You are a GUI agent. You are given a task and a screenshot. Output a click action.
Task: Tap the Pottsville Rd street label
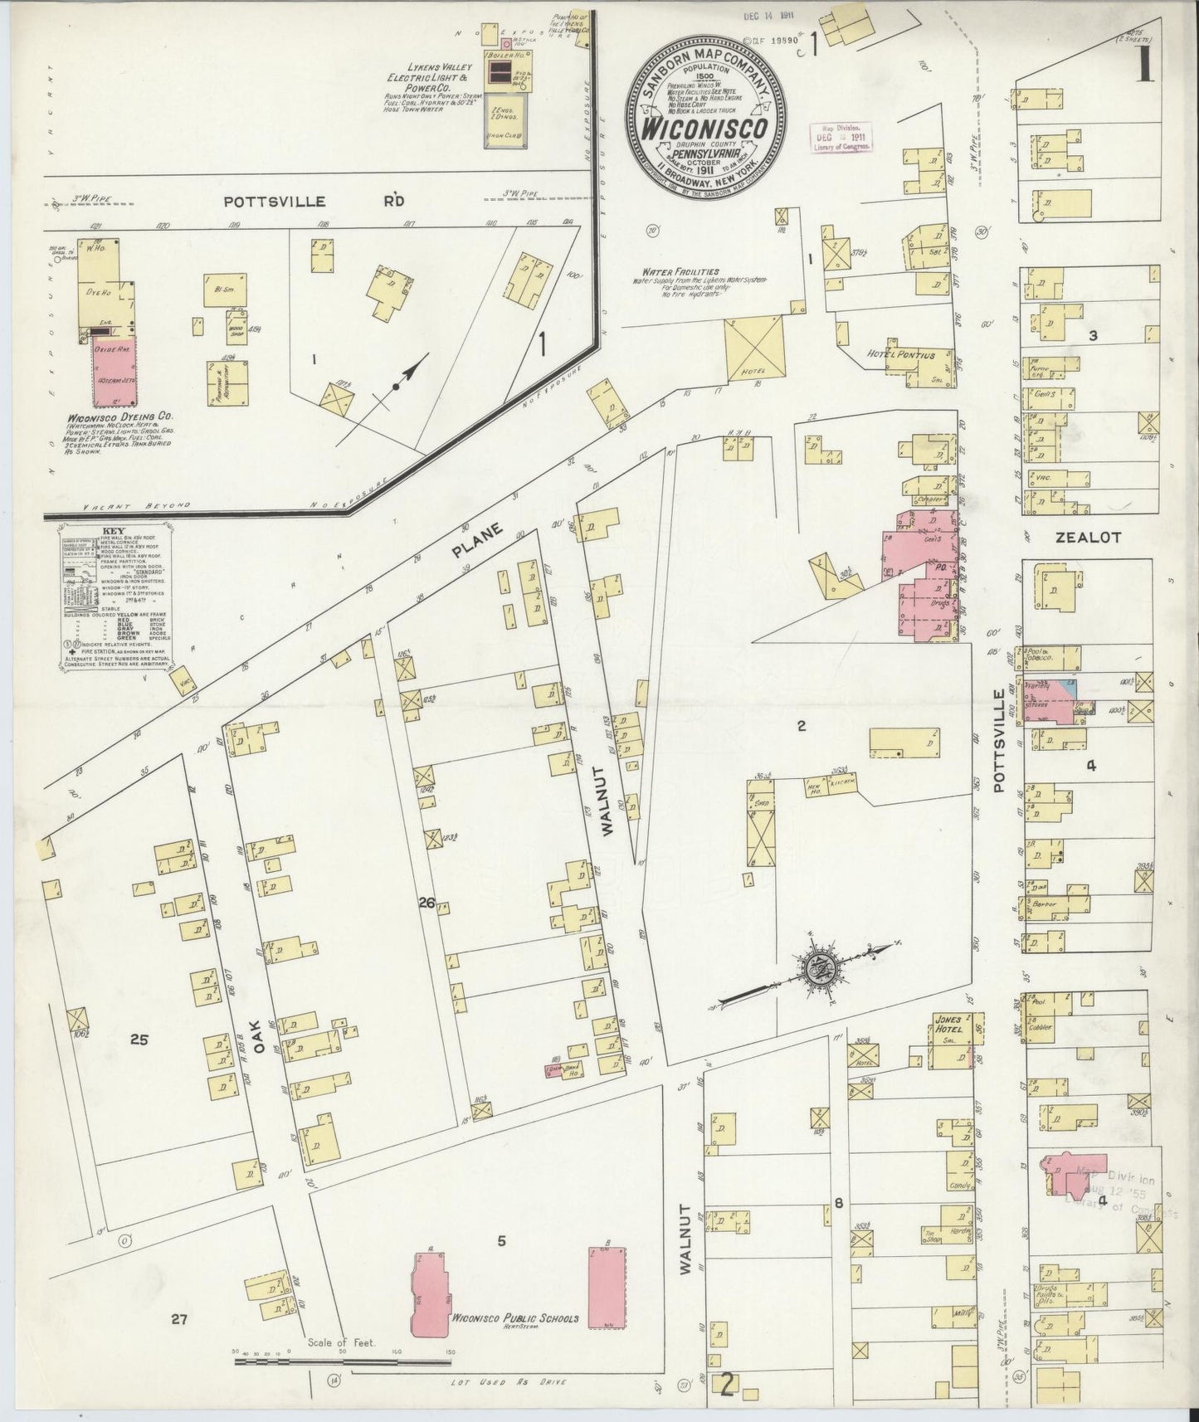click(314, 201)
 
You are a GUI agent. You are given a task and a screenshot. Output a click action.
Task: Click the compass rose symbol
click(813, 967)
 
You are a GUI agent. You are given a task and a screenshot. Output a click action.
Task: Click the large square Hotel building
click(754, 348)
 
